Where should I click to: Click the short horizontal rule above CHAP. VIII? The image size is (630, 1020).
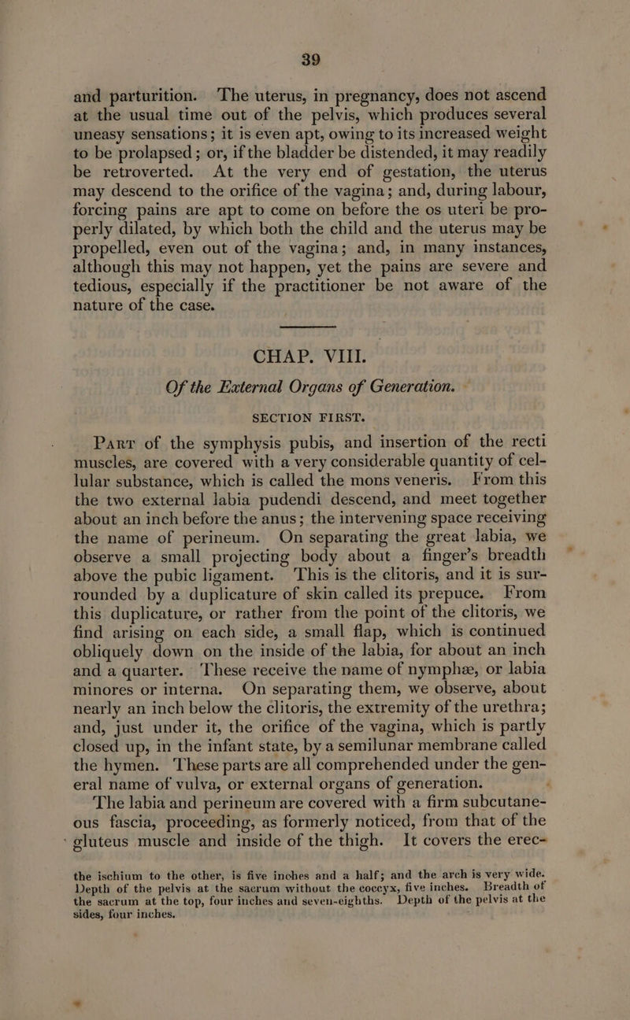click(309, 346)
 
